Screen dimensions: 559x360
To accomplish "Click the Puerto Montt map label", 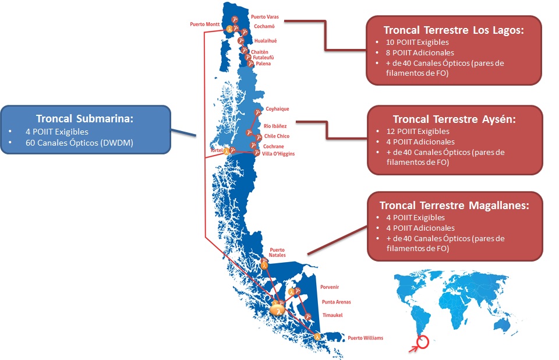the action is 204,24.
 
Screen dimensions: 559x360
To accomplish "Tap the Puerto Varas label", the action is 265,17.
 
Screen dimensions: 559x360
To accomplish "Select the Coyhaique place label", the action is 277,109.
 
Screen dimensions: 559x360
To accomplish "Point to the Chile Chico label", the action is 277,136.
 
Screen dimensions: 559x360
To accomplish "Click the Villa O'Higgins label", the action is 278,154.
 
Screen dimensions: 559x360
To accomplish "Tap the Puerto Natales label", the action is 277,253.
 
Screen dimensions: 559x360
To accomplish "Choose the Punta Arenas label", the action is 336,302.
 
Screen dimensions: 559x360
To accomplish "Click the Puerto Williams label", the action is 366,338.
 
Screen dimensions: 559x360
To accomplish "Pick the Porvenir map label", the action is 330,287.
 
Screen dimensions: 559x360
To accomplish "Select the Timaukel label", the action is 332,315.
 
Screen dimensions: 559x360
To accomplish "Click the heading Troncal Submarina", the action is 84,118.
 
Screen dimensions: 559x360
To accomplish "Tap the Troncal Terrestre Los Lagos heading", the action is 454,30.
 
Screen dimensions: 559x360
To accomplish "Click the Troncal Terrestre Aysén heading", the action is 454,119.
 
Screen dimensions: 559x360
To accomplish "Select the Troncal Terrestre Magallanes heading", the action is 454,206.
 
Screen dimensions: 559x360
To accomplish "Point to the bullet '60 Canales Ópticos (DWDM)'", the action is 79,143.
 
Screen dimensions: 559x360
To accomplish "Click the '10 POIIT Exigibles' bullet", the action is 417,42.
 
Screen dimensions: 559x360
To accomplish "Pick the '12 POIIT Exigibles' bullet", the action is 418,131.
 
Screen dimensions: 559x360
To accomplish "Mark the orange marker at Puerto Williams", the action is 317,336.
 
